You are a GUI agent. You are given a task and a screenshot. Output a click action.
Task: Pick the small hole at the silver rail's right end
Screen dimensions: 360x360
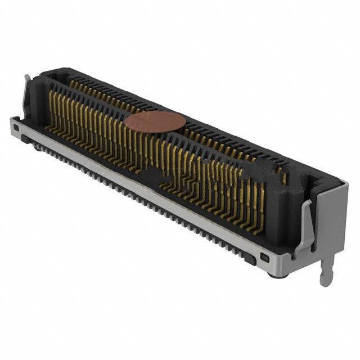264,258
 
